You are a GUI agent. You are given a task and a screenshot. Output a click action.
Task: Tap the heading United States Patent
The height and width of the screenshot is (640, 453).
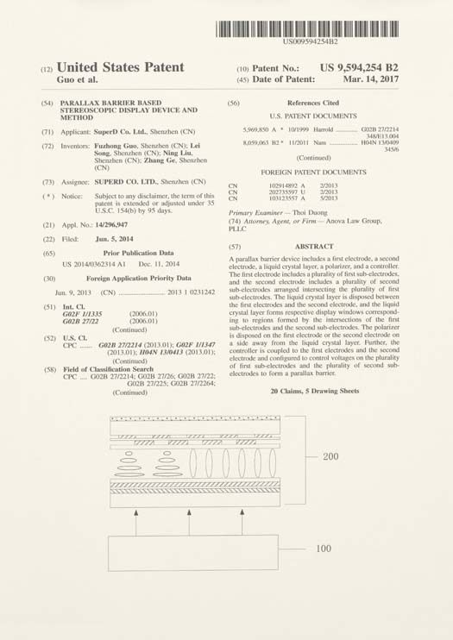coord(120,67)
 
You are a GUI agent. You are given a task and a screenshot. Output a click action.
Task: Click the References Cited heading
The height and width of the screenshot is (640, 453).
coord(312,103)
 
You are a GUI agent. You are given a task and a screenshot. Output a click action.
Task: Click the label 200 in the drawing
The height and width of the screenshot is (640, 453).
coord(330,456)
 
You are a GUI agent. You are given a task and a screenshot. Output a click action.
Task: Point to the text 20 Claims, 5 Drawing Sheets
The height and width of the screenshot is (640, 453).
coord(314,391)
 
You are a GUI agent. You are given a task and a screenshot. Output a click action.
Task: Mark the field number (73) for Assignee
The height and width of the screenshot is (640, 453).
coord(48,182)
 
